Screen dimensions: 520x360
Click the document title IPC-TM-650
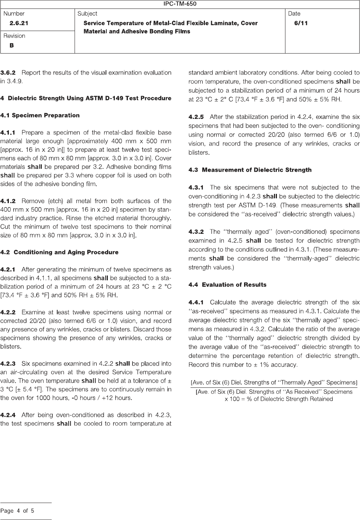(180, 4)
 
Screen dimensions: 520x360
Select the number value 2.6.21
(19, 23)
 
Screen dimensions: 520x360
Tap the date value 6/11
(301, 23)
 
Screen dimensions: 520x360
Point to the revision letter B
(12, 45)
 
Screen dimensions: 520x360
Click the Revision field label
(14, 36)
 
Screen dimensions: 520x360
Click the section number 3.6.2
(8, 72)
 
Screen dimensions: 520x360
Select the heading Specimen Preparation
(45, 116)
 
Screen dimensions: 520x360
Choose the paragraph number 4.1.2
(8, 201)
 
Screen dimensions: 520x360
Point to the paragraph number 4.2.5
(196, 117)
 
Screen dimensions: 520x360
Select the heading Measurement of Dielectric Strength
(257, 170)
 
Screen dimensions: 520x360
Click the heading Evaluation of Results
(234, 285)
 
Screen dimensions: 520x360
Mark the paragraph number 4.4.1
(196, 303)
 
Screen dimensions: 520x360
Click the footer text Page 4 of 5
(17, 511)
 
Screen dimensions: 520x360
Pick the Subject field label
(88, 14)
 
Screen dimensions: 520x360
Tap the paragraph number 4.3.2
(196, 232)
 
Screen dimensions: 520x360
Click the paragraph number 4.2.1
(8, 269)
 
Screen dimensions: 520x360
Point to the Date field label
(294, 14)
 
